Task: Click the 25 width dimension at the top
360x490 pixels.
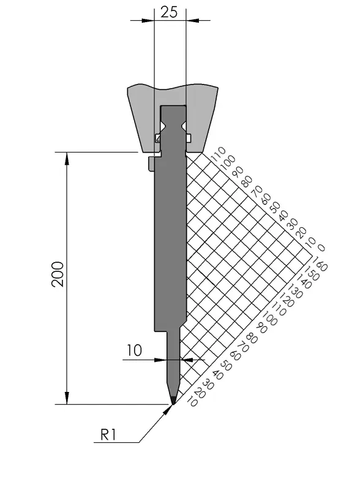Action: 169,12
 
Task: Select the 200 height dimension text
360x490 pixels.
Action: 58,274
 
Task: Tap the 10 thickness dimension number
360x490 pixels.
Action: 134,350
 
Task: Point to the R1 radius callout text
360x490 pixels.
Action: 108,434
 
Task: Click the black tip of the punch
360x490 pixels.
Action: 173,400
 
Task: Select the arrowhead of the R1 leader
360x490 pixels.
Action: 168,409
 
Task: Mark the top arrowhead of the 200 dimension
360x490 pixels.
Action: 67,158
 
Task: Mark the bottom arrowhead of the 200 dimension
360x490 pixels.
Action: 67,398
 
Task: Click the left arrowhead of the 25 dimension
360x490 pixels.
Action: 148,21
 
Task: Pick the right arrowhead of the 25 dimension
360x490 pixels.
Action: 192,21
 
